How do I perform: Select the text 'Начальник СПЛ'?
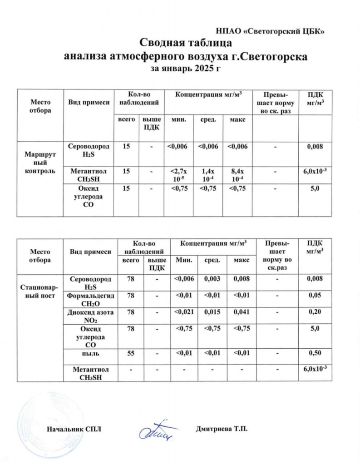[74, 429]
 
